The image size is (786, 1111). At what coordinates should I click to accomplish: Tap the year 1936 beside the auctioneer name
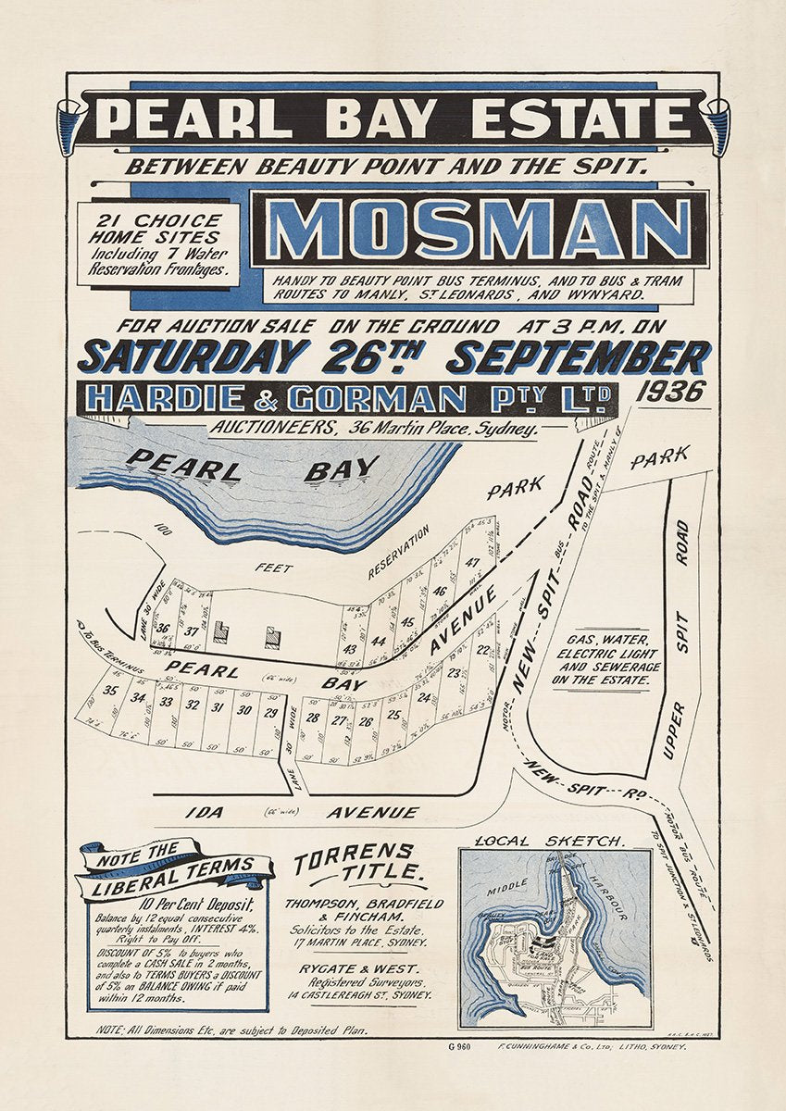671,392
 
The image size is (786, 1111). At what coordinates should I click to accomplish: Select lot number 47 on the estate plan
473,562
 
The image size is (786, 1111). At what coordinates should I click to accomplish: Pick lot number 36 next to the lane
163,629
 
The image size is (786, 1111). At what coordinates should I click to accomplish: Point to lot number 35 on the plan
111,691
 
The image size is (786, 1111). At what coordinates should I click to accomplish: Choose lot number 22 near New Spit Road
482,649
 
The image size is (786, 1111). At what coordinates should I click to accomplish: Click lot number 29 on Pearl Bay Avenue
270,712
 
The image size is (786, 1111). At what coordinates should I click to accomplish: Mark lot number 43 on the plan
349,648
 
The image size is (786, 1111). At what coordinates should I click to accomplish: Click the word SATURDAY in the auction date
194,356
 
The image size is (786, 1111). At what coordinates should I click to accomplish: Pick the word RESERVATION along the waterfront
399,552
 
